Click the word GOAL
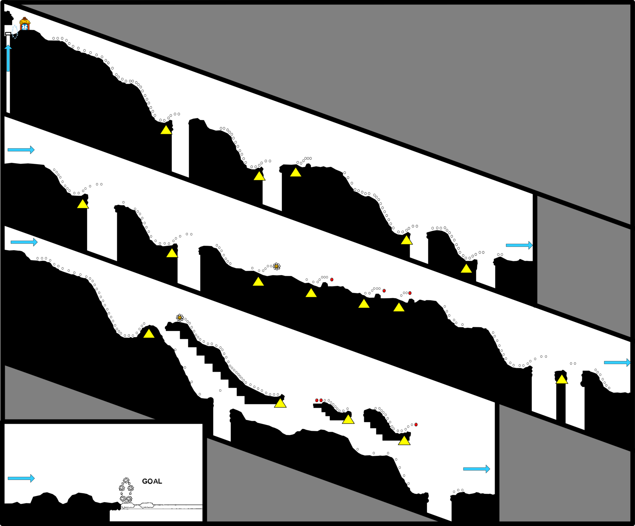[152, 481]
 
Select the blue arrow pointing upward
[8, 58]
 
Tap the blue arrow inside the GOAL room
[21, 478]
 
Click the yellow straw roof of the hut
[25, 21]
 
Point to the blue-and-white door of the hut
[24, 27]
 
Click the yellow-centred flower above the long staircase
[180, 318]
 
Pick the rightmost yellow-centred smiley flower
[277, 266]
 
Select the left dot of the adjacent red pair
[317, 400]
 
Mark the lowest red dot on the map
[416, 425]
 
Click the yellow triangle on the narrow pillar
[562, 379]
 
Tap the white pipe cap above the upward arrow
[8, 33]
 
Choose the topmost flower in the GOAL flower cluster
[126, 480]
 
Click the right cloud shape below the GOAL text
[147, 505]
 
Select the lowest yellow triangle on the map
[404, 440]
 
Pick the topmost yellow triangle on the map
[166, 130]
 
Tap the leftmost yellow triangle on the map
[83, 204]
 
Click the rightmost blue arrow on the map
[617, 363]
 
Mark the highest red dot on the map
[332, 279]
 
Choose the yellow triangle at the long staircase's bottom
[280, 403]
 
